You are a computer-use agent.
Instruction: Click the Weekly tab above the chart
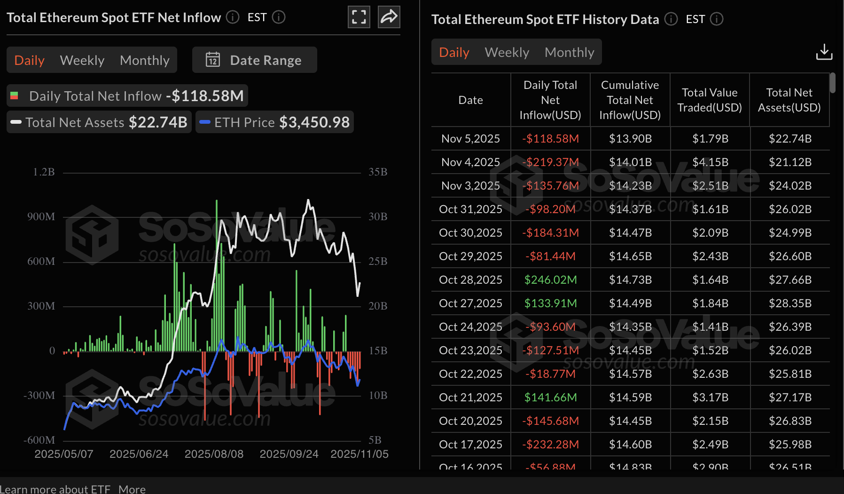pos(82,60)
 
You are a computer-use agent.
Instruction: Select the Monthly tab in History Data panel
pos(569,52)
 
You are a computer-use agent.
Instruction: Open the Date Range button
pos(254,60)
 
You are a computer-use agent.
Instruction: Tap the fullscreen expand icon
pos(359,17)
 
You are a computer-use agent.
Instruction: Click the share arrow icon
pos(389,17)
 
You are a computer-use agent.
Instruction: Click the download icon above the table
pos(824,52)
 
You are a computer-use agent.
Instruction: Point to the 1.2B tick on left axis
pos(44,172)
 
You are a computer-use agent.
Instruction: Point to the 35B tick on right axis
pos(378,172)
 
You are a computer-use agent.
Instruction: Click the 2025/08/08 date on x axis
pos(214,454)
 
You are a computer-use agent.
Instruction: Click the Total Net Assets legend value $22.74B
pos(158,122)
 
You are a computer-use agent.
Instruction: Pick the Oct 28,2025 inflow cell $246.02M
pos(550,280)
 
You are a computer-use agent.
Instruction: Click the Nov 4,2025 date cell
pos(470,162)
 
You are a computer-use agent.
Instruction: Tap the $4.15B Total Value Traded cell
pos(710,162)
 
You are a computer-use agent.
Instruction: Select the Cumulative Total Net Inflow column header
pos(630,100)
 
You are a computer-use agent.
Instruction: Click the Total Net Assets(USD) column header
pos(789,100)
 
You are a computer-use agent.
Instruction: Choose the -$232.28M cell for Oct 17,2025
pos(550,445)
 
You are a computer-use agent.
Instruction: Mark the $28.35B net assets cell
pos(790,303)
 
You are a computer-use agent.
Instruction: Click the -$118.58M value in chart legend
pos(205,96)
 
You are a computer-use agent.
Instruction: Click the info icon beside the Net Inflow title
pos(233,17)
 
